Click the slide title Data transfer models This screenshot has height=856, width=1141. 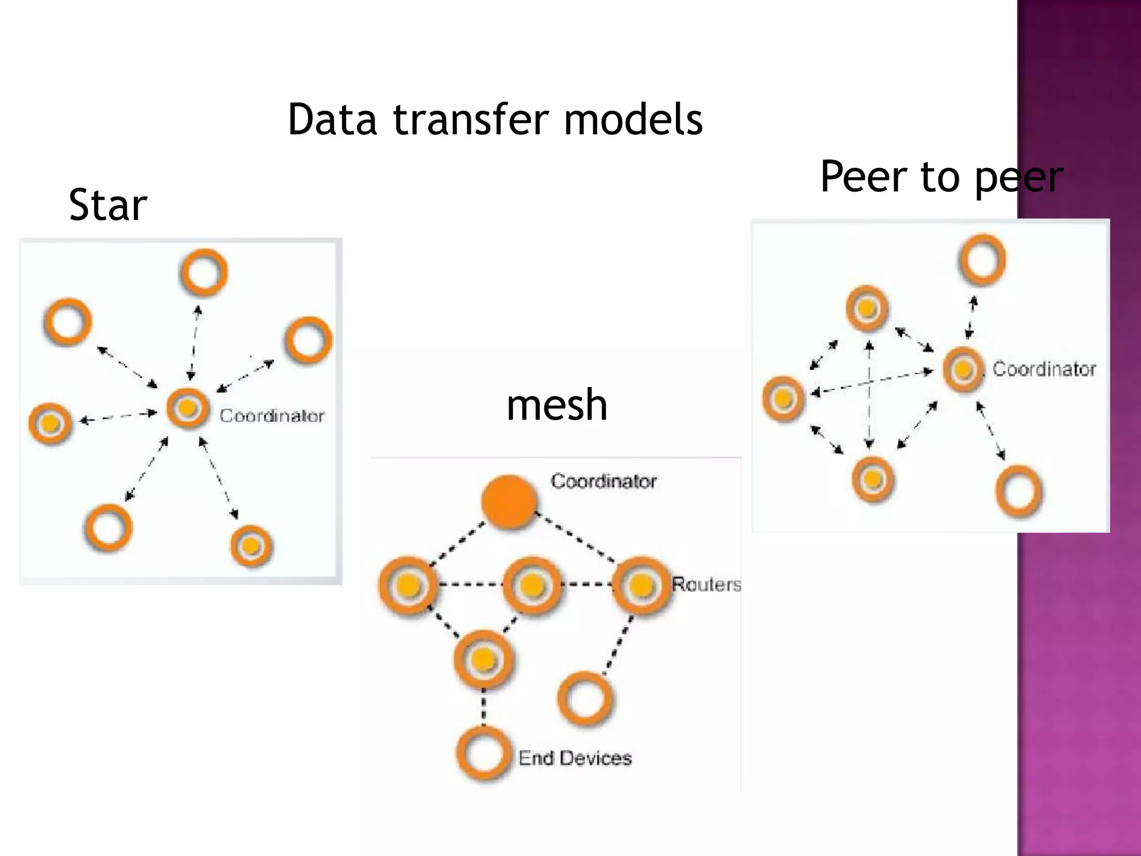[x=495, y=119]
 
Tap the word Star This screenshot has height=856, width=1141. [x=108, y=205]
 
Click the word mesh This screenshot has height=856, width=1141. [x=557, y=405]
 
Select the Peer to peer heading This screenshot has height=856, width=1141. [x=941, y=177]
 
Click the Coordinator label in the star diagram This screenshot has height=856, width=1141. [x=271, y=416]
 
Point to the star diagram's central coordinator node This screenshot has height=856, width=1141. [x=188, y=408]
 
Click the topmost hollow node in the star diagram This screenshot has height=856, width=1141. [x=204, y=273]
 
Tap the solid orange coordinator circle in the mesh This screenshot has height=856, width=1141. [x=509, y=502]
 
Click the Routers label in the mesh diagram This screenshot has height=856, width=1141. [x=706, y=585]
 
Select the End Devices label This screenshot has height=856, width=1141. [x=575, y=758]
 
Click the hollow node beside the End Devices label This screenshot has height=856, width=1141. [x=484, y=753]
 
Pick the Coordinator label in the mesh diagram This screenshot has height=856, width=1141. [x=603, y=481]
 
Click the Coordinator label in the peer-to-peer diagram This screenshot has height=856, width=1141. [x=1044, y=369]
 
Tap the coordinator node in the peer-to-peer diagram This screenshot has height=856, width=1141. [x=963, y=370]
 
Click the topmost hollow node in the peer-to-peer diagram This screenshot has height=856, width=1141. [x=982, y=260]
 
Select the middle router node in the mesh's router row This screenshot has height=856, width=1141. [x=532, y=585]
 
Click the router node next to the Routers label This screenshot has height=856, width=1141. [x=641, y=585]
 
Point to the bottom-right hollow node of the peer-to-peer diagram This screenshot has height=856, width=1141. [x=1019, y=492]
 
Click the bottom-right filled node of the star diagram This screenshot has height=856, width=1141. [x=251, y=546]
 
